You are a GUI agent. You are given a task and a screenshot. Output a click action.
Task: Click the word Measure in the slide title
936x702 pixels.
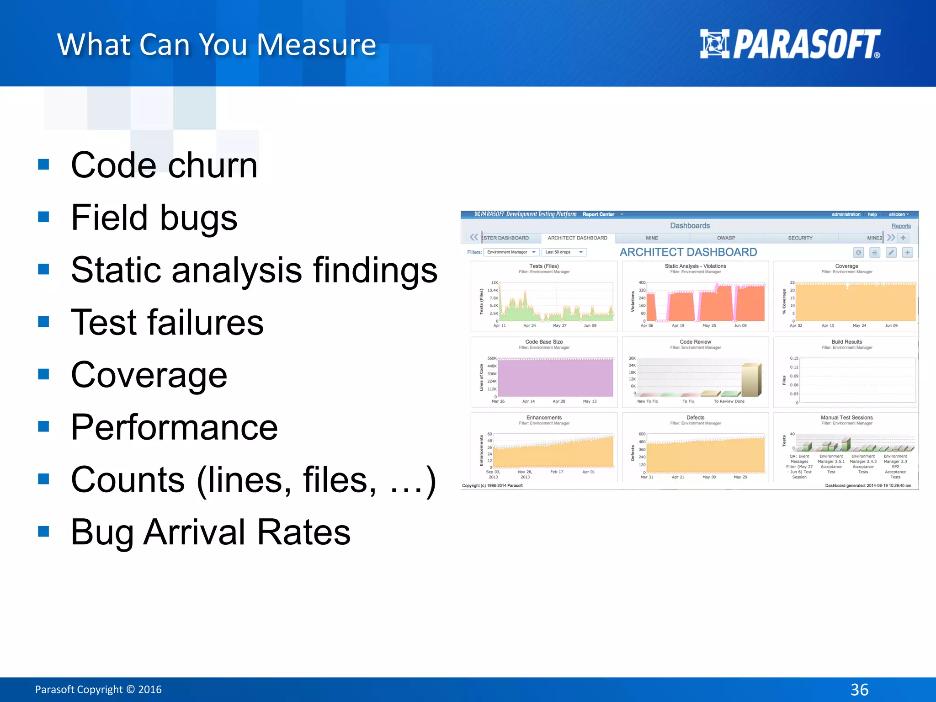[x=316, y=45]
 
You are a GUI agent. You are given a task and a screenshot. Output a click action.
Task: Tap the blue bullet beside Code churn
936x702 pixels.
[x=44, y=164]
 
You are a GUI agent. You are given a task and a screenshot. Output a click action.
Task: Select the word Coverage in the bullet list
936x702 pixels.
[x=149, y=375]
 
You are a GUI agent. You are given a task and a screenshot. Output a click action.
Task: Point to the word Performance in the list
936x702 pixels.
[x=174, y=427]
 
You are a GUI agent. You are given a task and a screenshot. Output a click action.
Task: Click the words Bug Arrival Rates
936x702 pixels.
[x=210, y=532]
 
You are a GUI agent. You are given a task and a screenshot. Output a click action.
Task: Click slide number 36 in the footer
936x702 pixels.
[x=859, y=689]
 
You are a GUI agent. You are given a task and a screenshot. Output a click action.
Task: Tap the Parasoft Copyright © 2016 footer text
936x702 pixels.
[x=98, y=689]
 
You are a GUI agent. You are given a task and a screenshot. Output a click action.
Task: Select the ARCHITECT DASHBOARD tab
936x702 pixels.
[x=577, y=238]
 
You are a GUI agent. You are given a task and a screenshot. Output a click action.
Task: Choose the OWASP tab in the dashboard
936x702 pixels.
[x=726, y=238]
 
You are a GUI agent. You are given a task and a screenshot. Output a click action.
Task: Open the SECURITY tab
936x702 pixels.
[x=800, y=238]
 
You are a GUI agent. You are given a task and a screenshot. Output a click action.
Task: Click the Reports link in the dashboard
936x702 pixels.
[x=901, y=226]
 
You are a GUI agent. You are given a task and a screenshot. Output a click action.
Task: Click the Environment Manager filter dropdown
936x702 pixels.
[x=511, y=252]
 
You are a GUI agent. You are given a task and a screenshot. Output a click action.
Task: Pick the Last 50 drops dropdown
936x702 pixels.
[x=564, y=252]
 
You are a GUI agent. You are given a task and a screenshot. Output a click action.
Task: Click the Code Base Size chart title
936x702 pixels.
[x=544, y=341]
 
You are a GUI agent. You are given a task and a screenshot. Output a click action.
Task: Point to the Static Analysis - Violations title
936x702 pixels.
[x=695, y=266]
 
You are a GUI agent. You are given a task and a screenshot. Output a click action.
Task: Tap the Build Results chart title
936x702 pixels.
[x=846, y=341]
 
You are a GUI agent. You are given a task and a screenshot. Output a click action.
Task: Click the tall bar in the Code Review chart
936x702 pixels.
[x=750, y=379]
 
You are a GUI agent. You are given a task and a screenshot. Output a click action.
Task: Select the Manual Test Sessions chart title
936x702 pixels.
[x=846, y=417]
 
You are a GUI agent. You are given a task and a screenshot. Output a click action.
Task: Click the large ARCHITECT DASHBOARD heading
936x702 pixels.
[x=688, y=252]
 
